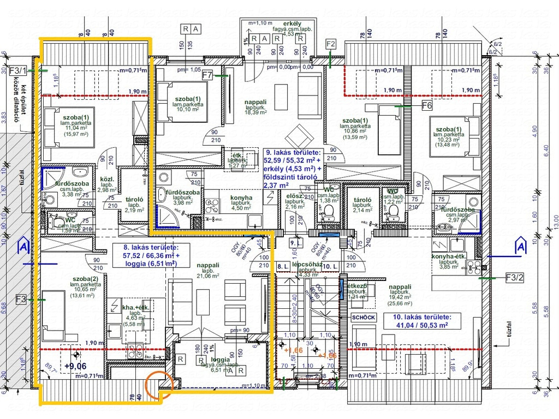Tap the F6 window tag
coord(427,105)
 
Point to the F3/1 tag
coord(17,70)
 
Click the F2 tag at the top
coord(331,44)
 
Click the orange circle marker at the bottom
coord(160,384)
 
